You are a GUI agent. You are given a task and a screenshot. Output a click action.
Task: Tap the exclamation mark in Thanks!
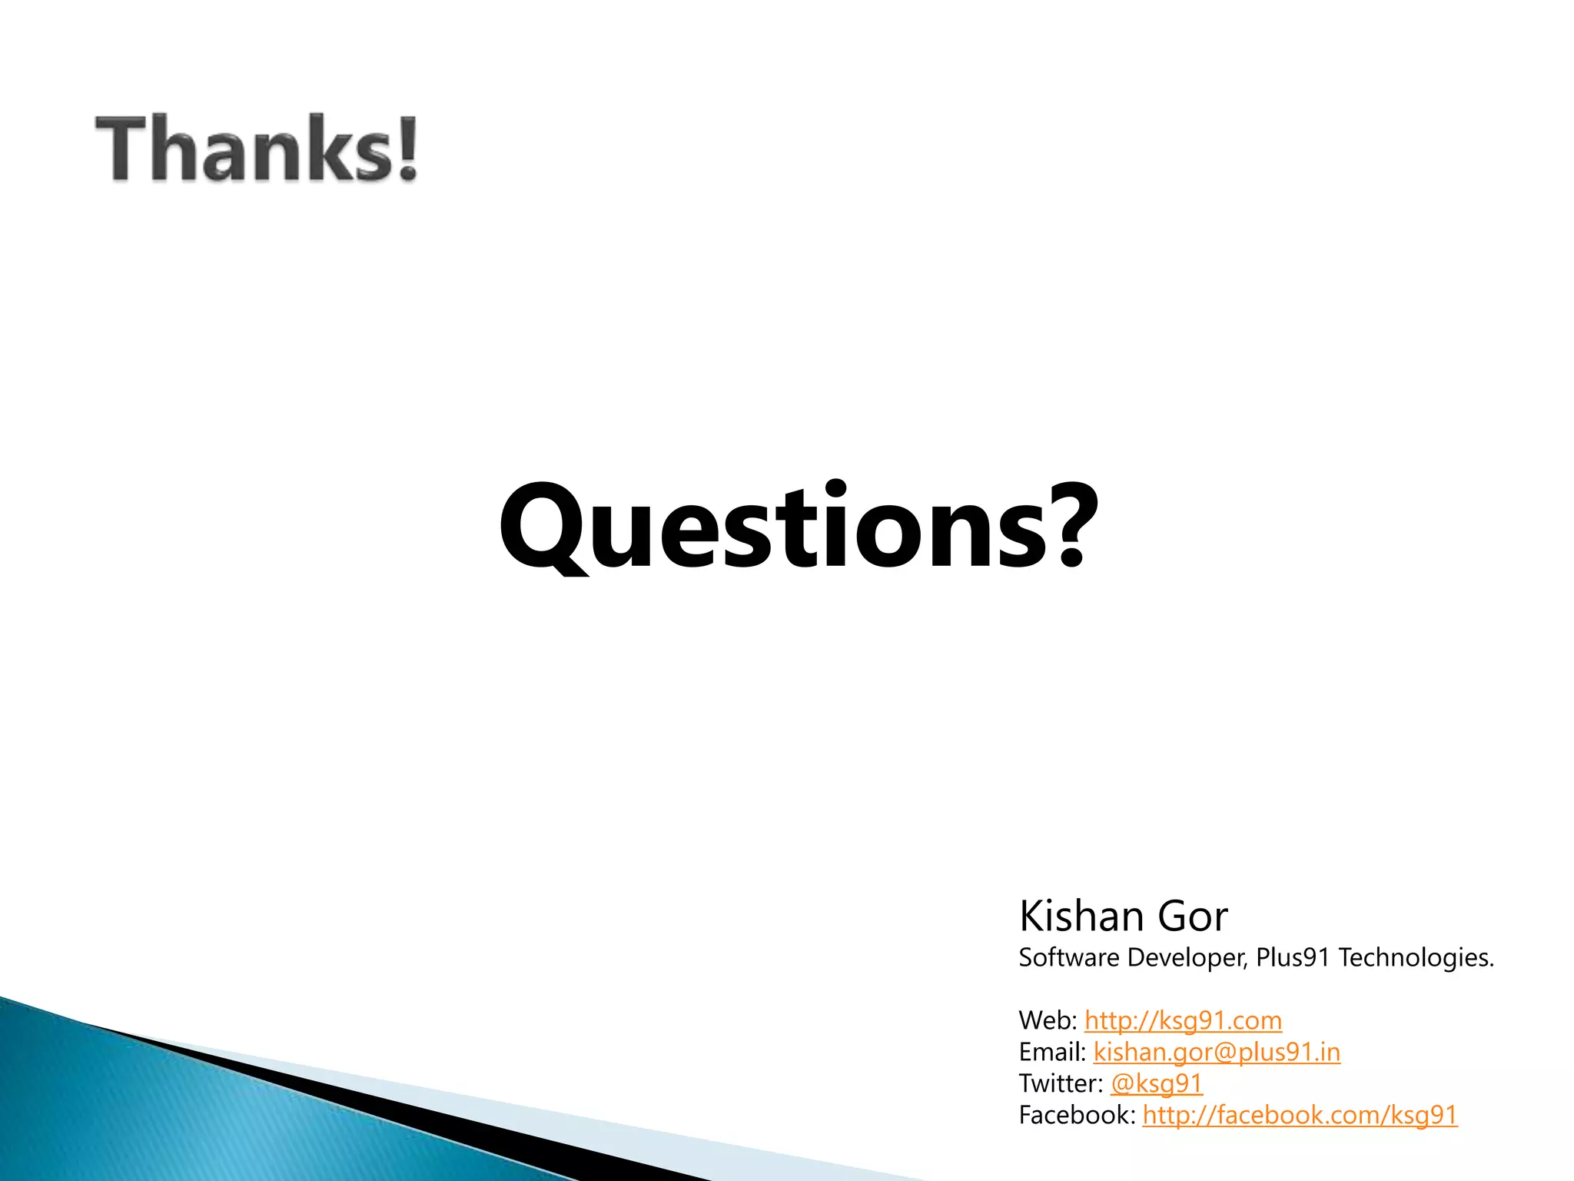click(x=407, y=148)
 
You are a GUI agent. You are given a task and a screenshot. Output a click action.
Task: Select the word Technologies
click(x=1416, y=958)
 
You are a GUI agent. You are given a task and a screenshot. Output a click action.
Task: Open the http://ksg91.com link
click(x=1183, y=1021)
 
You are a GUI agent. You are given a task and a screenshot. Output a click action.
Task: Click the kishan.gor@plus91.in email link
click(x=1217, y=1053)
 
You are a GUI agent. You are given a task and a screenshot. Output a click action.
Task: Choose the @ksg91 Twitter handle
click(x=1157, y=1084)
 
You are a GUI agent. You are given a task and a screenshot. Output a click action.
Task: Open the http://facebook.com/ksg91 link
click(x=1300, y=1116)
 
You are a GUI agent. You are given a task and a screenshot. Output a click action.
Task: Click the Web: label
click(x=1048, y=1021)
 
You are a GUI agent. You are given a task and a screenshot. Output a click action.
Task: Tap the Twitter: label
click(x=1061, y=1084)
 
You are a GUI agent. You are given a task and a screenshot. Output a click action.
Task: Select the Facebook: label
click(x=1077, y=1116)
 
